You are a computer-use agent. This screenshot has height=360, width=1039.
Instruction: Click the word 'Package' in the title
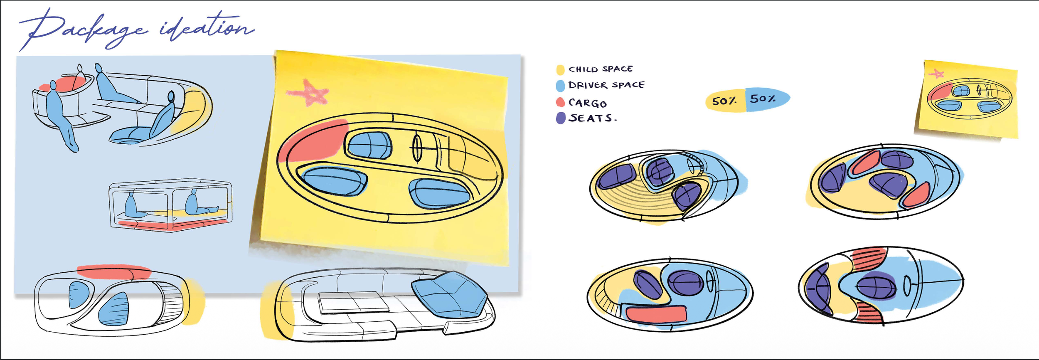(83, 29)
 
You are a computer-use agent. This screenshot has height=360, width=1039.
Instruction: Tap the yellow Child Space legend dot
(560, 70)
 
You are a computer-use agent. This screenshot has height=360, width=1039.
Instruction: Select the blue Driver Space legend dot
(560, 86)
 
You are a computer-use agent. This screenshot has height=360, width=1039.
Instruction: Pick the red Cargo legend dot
(560, 102)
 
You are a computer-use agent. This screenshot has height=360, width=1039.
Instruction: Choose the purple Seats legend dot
(561, 118)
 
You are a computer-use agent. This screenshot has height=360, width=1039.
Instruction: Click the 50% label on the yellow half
(724, 101)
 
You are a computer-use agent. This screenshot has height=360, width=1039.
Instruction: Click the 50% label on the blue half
(763, 99)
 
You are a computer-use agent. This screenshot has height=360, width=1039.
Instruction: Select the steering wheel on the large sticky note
(417, 148)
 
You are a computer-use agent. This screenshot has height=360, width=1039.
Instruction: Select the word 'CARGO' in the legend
(587, 103)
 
